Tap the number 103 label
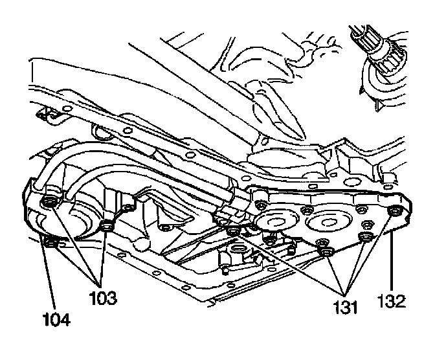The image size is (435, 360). click(x=103, y=299)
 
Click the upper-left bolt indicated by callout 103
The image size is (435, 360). click(x=49, y=205)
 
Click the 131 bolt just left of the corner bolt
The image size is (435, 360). click(x=367, y=234)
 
